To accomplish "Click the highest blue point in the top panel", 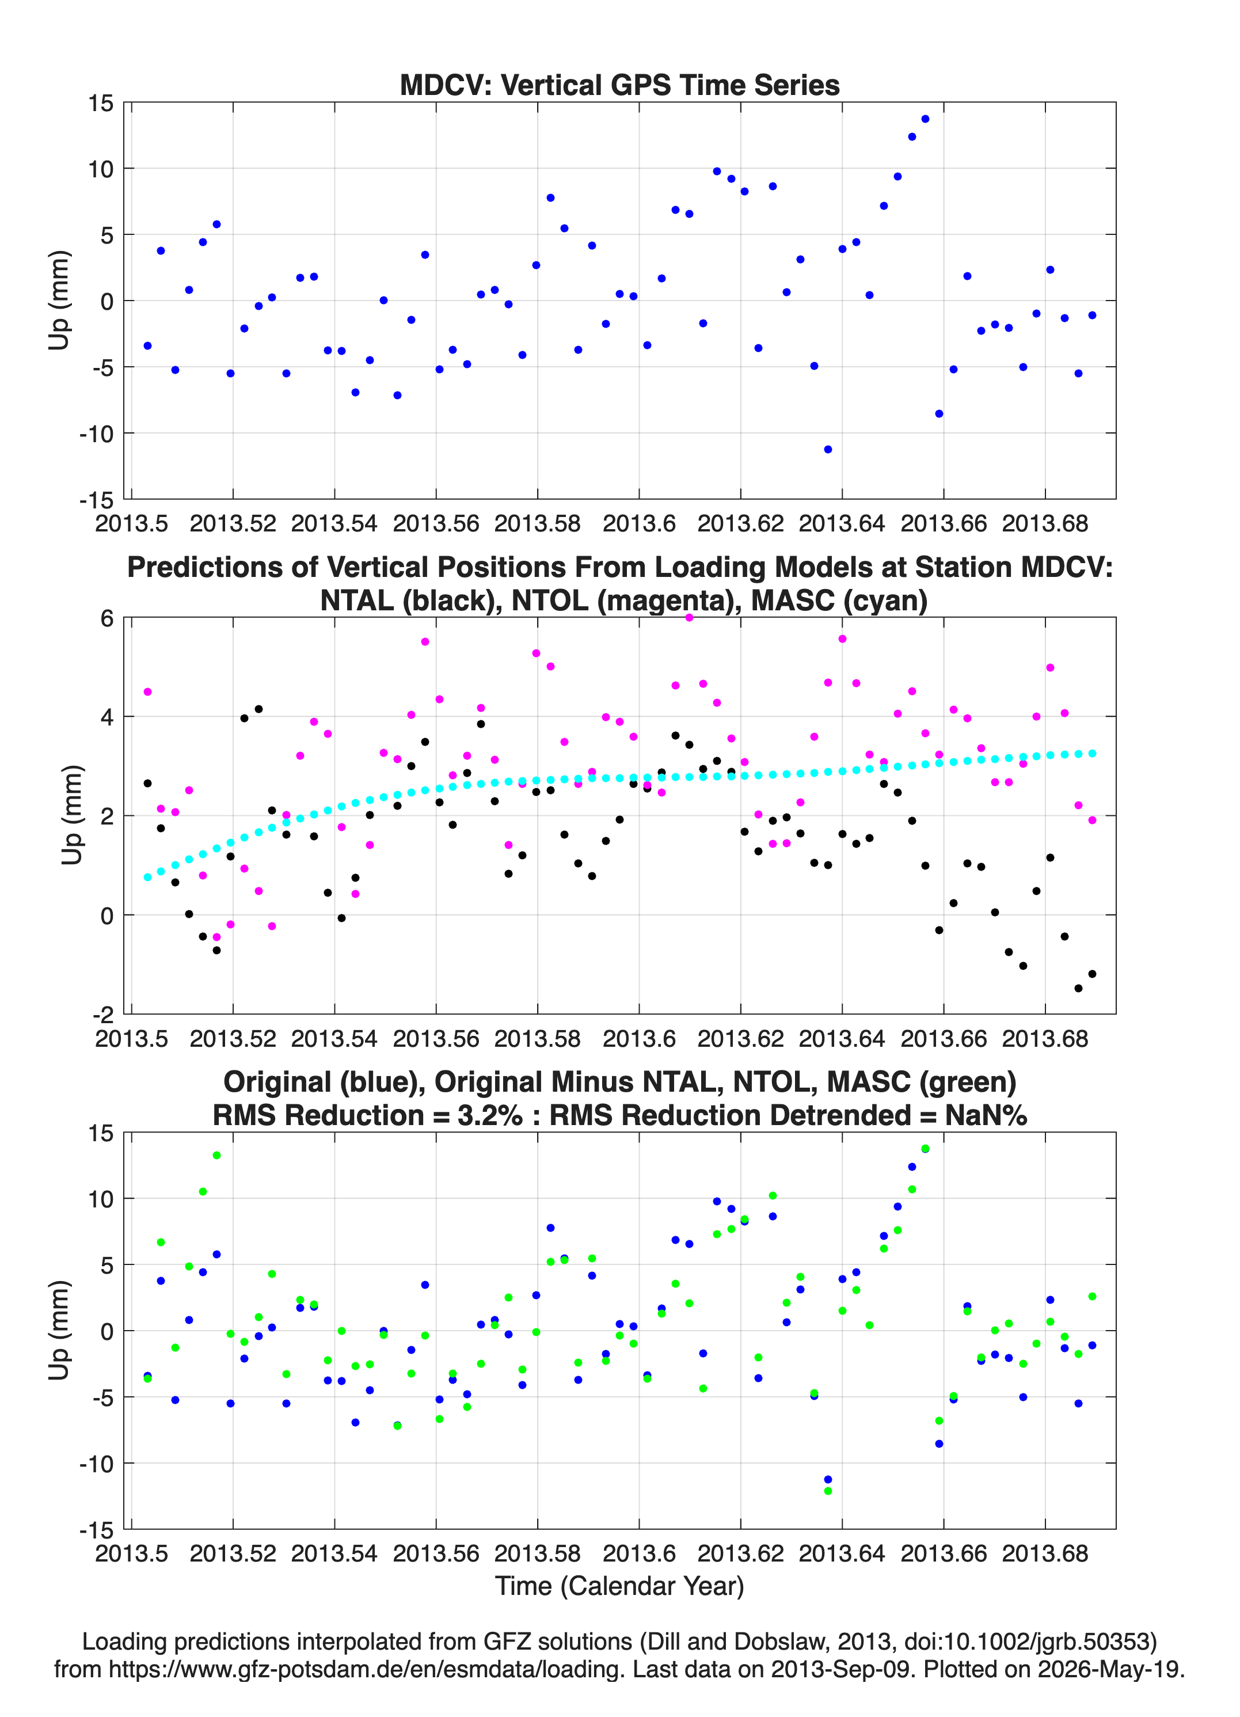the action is coord(925,119).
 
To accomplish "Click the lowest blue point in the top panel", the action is coord(828,449).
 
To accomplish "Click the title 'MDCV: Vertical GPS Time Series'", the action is coord(619,85).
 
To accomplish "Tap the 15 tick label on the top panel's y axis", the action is coord(101,103).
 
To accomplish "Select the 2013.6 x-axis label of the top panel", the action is coord(639,523).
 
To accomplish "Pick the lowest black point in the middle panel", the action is coord(1078,988).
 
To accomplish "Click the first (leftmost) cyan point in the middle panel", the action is coord(147,878).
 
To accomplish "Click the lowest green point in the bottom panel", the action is coord(828,1491).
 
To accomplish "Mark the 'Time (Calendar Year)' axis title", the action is coord(619,1586).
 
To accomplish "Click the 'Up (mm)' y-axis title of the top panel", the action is coord(59,301).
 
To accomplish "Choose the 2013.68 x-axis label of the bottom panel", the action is coord(1045,1553).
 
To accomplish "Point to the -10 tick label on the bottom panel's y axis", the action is coord(96,1464).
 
